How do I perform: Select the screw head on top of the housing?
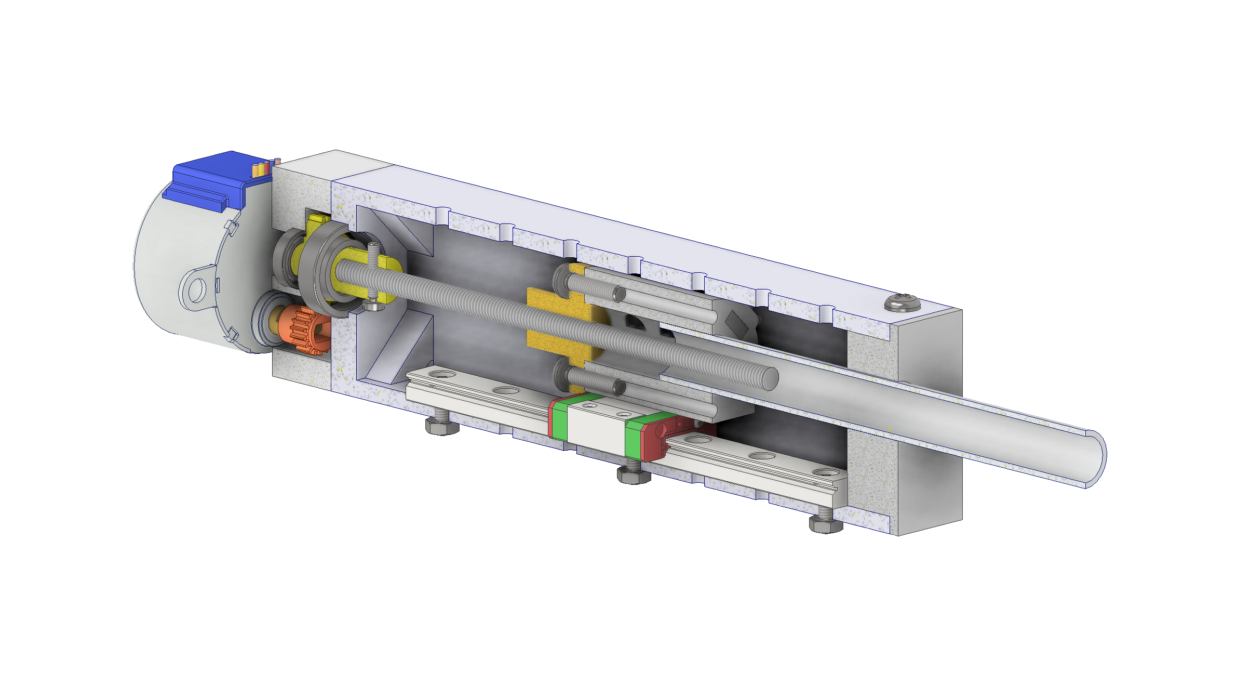coord(902,301)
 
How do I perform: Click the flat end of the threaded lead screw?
coord(770,378)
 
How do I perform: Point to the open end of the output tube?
coord(1095,459)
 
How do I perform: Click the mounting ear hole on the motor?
coord(196,290)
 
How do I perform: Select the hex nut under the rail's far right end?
coord(826,525)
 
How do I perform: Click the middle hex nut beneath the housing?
coord(633,476)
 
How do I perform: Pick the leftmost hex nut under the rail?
coord(442,426)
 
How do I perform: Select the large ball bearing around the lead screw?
coord(325,270)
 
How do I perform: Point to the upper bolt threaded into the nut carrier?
coord(592,286)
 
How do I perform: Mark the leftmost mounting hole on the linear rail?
coord(442,374)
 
